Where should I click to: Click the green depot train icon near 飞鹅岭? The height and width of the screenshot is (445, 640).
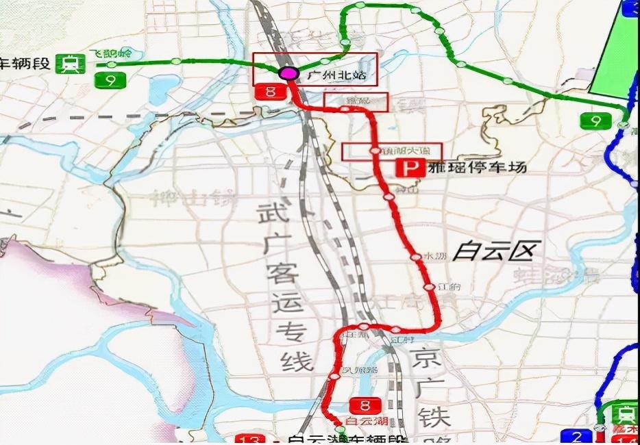(x=71, y=64)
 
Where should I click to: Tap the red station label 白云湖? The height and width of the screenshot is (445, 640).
(x=368, y=420)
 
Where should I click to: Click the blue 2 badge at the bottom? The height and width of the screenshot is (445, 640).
(x=576, y=437)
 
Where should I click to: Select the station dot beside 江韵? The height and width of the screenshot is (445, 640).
(x=429, y=287)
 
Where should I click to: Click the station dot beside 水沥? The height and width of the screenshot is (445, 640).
(x=415, y=257)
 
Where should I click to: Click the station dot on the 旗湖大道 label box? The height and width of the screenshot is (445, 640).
(x=375, y=151)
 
